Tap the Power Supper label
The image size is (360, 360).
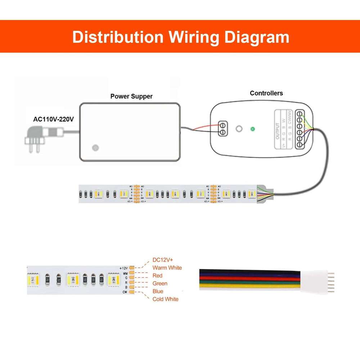[x=131, y=96]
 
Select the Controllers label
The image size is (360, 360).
[x=266, y=93]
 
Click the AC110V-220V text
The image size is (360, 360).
[x=54, y=119]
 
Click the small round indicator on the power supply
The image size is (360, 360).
[x=95, y=148]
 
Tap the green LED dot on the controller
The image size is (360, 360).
[x=253, y=129]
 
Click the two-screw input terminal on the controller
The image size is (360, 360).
[x=223, y=129]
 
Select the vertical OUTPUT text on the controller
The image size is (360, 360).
[x=278, y=131]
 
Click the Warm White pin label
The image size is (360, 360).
[x=167, y=268]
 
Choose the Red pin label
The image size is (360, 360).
[x=157, y=276]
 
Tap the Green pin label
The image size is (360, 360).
[x=160, y=284]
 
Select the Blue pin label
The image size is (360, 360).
[x=158, y=291]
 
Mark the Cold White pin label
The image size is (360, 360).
[x=165, y=299]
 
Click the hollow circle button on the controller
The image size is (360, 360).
[x=238, y=129]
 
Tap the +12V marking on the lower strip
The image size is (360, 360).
[x=123, y=268]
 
